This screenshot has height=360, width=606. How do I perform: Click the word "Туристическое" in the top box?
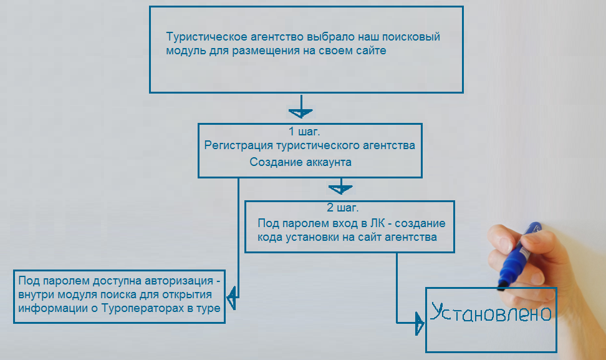click(207, 37)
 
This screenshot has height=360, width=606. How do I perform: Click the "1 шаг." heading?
click(304, 132)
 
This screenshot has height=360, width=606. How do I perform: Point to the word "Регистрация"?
click(238, 146)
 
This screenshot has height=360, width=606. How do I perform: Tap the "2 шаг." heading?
click(343, 208)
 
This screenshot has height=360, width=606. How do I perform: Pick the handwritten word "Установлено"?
click(491, 313)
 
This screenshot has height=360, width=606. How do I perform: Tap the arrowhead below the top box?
click(301, 112)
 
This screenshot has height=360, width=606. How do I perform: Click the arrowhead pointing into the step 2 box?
click(340, 188)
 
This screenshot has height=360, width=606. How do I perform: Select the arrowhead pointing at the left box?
click(231, 298)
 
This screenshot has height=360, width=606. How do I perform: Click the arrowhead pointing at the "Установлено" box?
click(419, 323)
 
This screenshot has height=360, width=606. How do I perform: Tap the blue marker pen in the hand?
click(518, 256)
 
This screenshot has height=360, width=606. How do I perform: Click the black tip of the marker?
click(502, 286)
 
